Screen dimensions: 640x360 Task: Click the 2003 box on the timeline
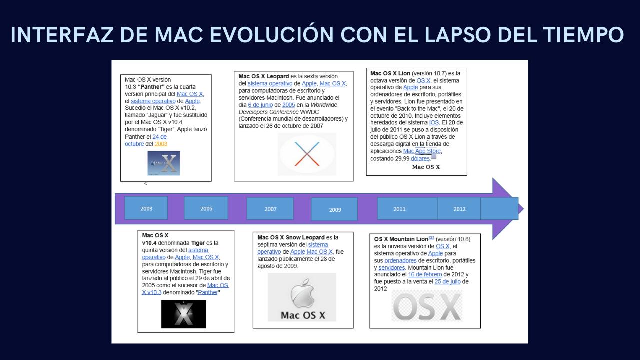tap(146, 208)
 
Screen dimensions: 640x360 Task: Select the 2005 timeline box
tap(206, 208)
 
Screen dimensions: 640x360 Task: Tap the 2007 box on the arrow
tap(270, 209)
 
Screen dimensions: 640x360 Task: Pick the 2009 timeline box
tap(334, 209)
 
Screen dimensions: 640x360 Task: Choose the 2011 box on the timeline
tap(407, 209)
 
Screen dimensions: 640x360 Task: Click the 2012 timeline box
tap(459, 209)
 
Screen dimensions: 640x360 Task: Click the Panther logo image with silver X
tap(164, 163)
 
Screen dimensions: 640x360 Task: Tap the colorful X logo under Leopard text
tap(307, 154)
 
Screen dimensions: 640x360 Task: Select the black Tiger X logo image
tap(183, 314)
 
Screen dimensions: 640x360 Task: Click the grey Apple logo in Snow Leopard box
tap(302, 293)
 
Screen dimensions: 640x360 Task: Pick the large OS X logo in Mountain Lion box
tap(427, 306)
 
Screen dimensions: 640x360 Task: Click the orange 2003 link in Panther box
tap(161, 144)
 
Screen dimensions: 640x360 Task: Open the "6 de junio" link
tap(260, 105)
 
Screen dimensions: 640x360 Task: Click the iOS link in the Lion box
tap(434, 123)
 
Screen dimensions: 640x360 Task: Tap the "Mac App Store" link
tap(422, 151)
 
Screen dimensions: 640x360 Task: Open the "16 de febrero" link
tap(425, 274)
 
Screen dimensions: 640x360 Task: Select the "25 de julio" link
tap(447, 281)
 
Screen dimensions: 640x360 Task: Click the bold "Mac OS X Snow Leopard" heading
tap(291, 237)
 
